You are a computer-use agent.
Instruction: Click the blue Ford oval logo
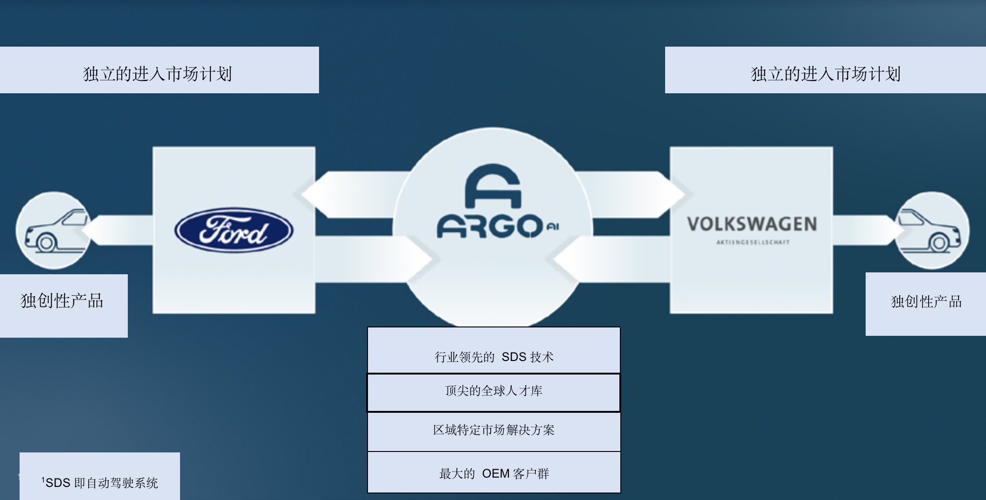pyautogui.click(x=234, y=230)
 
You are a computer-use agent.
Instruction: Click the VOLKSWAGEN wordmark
pyautogui.click(x=751, y=224)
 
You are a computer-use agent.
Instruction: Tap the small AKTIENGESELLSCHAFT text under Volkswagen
pyautogui.click(x=753, y=242)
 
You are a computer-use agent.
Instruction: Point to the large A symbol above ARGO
pyautogui.click(x=493, y=186)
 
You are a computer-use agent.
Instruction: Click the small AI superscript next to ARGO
pyautogui.click(x=553, y=227)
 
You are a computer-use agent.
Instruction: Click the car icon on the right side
pyautogui.click(x=930, y=230)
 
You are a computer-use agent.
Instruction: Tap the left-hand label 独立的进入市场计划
pyautogui.click(x=158, y=74)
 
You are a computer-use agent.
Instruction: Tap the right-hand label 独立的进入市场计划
pyautogui.click(x=826, y=74)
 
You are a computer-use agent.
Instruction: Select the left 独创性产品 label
pyautogui.click(x=62, y=301)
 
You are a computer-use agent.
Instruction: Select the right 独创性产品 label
pyautogui.click(x=926, y=302)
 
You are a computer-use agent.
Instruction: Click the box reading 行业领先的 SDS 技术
pyautogui.click(x=494, y=357)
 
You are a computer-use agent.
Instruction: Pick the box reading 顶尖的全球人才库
pyautogui.click(x=494, y=391)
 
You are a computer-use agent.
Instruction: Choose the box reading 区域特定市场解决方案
pyautogui.click(x=494, y=430)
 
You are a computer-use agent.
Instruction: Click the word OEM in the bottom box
pyautogui.click(x=495, y=474)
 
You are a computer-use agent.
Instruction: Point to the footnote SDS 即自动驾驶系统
pyautogui.click(x=100, y=483)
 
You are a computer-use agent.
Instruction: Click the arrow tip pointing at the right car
pyautogui.click(x=898, y=230)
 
